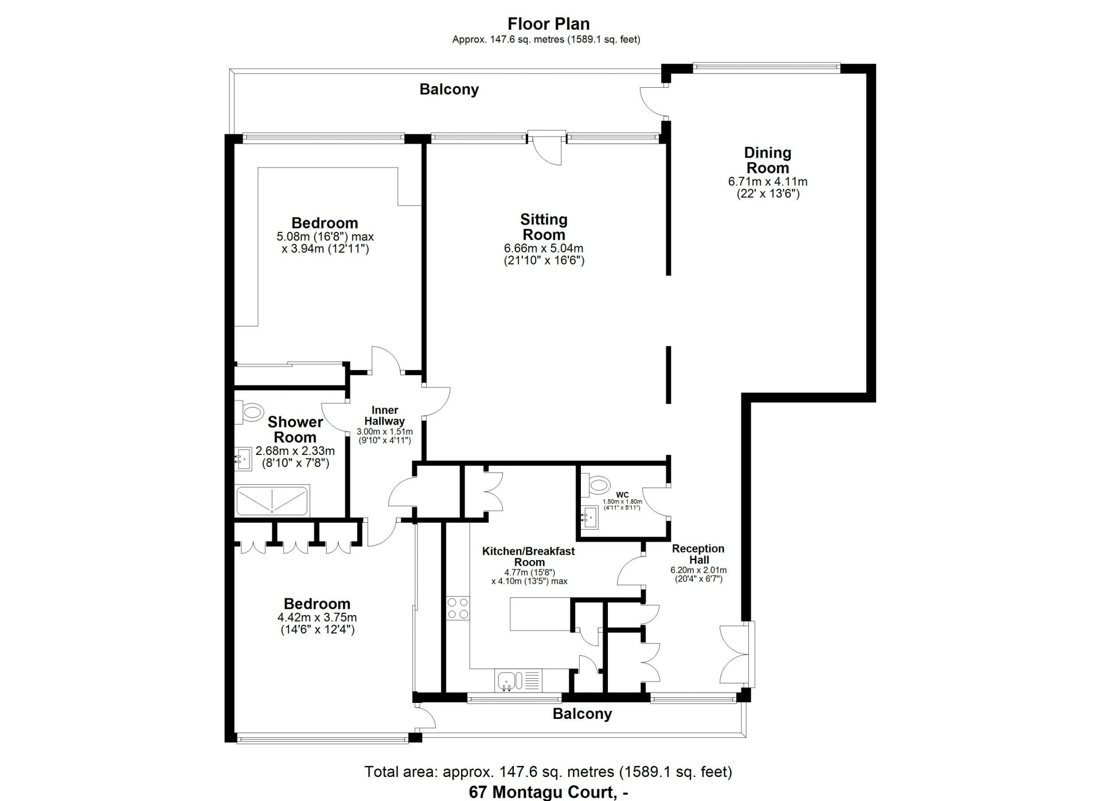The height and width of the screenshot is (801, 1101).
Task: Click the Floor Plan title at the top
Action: click(x=548, y=24)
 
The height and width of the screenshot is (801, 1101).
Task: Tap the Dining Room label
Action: click(x=767, y=160)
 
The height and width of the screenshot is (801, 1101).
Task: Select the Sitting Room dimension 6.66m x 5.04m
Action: click(x=543, y=248)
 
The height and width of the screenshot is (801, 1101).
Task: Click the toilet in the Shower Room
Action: click(x=250, y=412)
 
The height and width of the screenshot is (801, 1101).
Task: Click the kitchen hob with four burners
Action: click(x=458, y=608)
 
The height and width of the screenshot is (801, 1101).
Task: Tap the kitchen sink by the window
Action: click(x=507, y=682)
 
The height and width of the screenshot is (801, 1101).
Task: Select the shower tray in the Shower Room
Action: click(x=272, y=500)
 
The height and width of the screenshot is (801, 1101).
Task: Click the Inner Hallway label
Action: click(x=384, y=415)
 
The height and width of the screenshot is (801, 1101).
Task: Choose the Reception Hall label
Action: click(x=698, y=554)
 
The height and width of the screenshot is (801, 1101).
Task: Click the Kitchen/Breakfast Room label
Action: click(x=528, y=557)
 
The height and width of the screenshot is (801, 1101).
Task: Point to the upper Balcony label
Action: click(x=449, y=90)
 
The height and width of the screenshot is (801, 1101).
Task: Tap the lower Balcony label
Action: click(x=582, y=714)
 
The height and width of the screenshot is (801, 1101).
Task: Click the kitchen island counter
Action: click(x=539, y=614)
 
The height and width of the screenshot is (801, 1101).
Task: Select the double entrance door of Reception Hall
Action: click(x=736, y=654)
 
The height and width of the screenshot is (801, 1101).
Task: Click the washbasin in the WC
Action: click(x=589, y=518)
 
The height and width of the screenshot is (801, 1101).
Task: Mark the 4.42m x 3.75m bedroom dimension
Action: click(x=317, y=618)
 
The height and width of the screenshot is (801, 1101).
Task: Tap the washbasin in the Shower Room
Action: click(x=244, y=459)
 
